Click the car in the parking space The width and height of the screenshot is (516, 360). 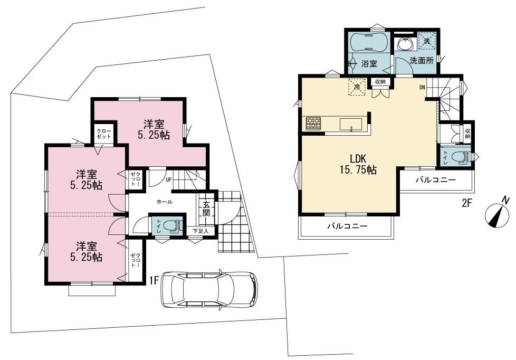click(209, 289)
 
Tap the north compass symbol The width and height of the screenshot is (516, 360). click(497, 215)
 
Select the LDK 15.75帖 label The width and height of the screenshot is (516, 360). click(358, 164)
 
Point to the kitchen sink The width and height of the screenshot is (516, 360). click(351, 125)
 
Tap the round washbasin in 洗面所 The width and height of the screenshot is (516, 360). click(405, 44)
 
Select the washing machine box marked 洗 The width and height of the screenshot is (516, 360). click(426, 42)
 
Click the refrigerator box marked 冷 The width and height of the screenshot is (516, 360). click(357, 86)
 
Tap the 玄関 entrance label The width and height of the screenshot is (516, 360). click(206, 208)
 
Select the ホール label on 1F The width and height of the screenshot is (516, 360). click(164, 202)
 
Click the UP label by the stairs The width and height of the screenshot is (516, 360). click(168, 179)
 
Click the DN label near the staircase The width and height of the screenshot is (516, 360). click(422, 87)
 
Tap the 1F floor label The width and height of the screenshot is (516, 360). click(155, 280)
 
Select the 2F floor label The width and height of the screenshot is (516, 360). click(467, 203)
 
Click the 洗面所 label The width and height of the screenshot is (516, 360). click(422, 61)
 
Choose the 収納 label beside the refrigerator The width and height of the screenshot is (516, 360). click(380, 81)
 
